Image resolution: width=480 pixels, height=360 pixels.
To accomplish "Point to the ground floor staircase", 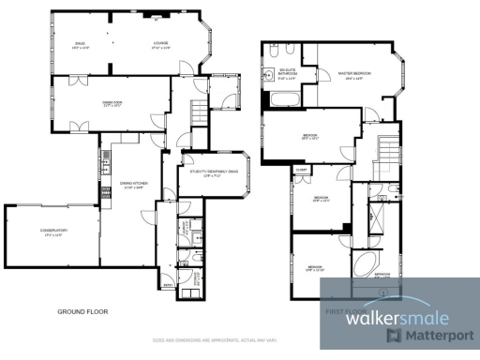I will [x=197, y=114].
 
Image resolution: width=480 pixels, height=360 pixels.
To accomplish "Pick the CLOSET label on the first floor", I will [x=302, y=169].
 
